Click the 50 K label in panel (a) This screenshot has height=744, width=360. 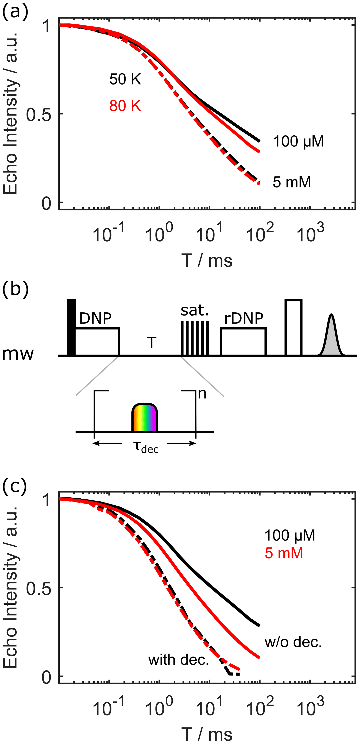click(x=125, y=79)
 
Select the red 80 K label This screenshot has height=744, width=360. click(x=125, y=106)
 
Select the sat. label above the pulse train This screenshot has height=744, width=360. click(x=195, y=310)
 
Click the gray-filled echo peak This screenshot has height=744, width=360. click(x=331, y=338)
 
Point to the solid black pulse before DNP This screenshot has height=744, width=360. click(x=71, y=327)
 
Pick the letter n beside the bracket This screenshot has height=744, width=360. click(x=202, y=394)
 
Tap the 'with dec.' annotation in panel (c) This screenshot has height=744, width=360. click(x=178, y=660)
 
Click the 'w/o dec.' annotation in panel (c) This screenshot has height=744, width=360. click(x=293, y=642)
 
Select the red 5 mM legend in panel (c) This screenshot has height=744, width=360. click(x=284, y=553)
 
